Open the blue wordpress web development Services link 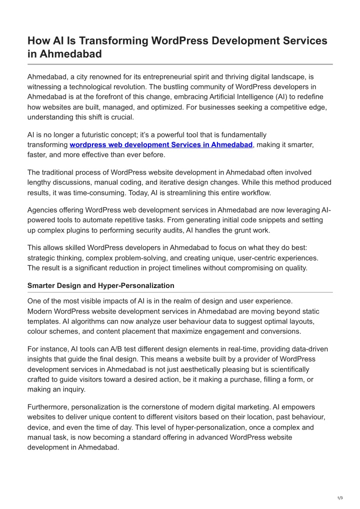(x=161, y=144)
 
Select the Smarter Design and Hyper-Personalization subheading (x=101, y=285)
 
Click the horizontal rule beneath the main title (x=180, y=64)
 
